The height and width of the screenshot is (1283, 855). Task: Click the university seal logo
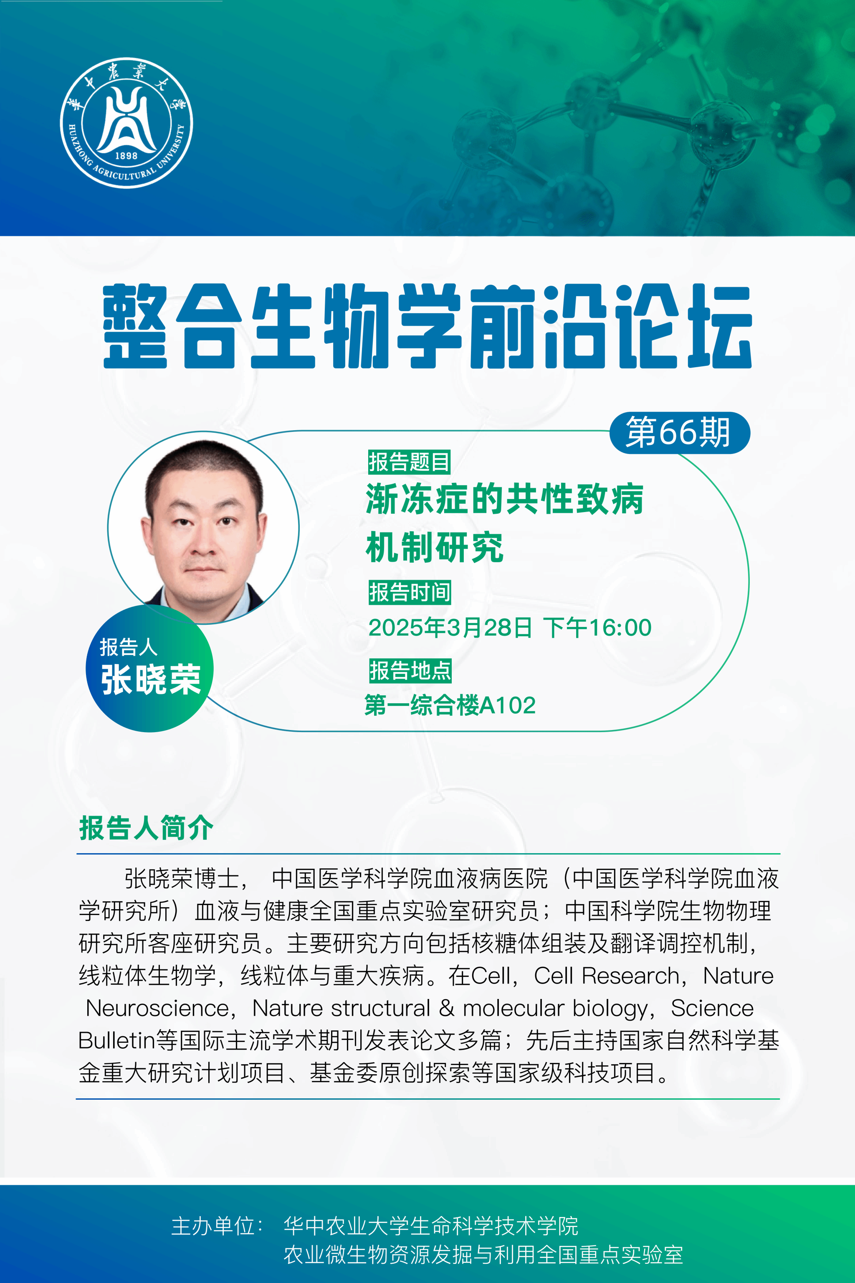click(126, 123)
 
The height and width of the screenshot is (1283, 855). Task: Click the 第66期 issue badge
click(679, 433)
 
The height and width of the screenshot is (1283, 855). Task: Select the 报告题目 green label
click(409, 462)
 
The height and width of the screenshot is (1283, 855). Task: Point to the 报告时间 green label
click(410, 592)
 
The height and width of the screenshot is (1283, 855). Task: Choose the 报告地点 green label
click(410, 670)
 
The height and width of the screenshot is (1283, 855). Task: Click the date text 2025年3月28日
click(450, 628)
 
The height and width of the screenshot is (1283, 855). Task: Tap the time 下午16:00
click(597, 628)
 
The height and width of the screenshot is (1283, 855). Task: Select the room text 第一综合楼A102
click(450, 705)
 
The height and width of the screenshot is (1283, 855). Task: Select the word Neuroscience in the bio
click(157, 1008)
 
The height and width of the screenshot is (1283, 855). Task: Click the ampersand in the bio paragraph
click(447, 1008)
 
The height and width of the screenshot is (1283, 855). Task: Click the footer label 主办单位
click(213, 1226)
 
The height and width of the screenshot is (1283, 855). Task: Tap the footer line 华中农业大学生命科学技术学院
click(431, 1226)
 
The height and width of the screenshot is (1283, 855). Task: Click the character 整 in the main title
click(135, 326)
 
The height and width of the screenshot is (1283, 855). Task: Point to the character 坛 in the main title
click(720, 326)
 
